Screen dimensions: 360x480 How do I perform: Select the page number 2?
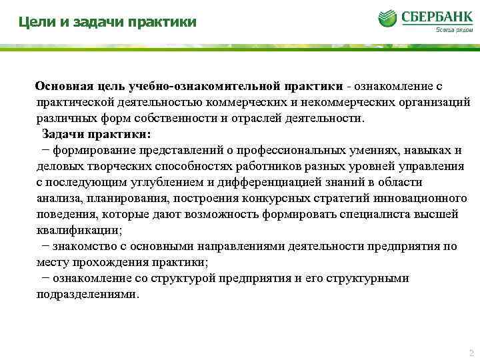471,353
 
